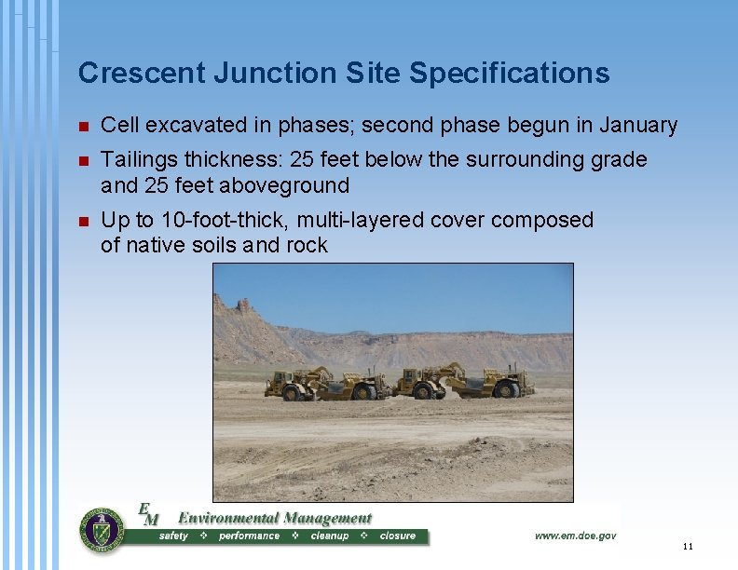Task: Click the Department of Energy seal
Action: pos(102,530)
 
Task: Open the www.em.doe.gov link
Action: pos(575,536)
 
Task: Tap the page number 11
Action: pos(688,546)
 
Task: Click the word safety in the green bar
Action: pos(174,536)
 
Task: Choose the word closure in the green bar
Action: pos(398,536)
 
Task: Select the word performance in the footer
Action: pos(249,536)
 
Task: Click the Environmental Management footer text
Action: pos(274,518)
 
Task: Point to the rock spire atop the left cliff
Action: pos(244,305)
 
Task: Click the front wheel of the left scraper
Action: pos(290,393)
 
